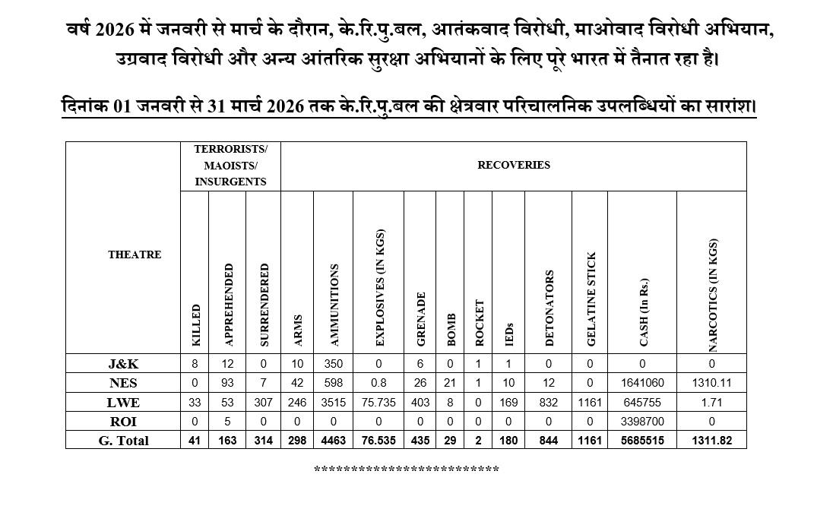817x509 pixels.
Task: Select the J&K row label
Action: click(x=123, y=364)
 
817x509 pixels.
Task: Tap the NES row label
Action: click(x=123, y=383)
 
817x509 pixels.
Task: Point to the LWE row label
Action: click(x=123, y=402)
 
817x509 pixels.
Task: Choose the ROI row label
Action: click(x=123, y=421)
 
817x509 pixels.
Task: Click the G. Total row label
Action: click(x=123, y=441)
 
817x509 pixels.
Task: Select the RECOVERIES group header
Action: click(x=514, y=165)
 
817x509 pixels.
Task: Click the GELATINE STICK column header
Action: click(x=591, y=299)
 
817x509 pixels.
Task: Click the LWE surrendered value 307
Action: click(x=264, y=403)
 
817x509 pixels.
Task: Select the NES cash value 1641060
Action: click(x=642, y=384)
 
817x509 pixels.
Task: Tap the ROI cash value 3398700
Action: click(x=642, y=422)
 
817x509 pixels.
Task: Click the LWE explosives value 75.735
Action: click(x=378, y=403)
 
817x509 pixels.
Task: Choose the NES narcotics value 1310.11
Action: click(x=711, y=384)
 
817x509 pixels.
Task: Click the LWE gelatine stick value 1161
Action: click(x=590, y=403)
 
